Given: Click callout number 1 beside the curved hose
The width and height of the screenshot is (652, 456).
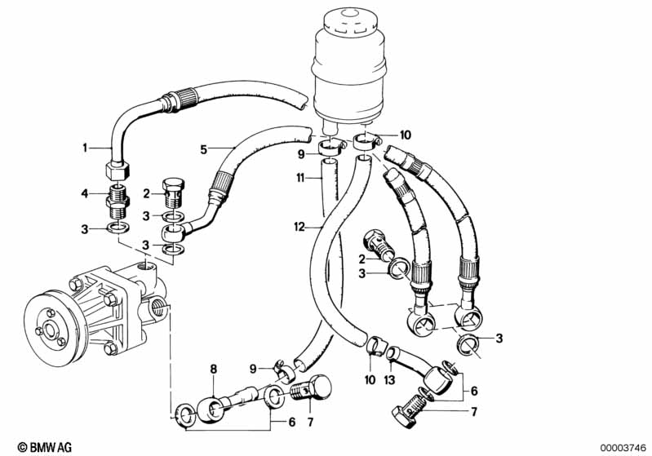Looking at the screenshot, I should tap(84, 148).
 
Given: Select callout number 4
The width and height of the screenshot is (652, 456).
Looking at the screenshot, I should tap(84, 193).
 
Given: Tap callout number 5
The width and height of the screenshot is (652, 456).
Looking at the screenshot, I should tap(204, 149).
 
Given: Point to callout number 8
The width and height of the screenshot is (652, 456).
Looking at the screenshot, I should tap(215, 369).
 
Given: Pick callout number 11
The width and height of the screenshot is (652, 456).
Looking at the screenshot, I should tap(299, 176).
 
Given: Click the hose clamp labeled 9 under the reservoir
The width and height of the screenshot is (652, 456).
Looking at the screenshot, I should tap(330, 148).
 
